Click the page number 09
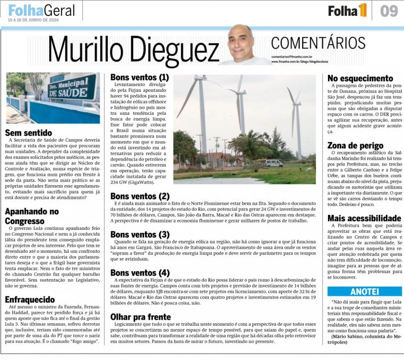tap(389, 11)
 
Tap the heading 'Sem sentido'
tap(28, 133)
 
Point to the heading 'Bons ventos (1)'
tap(140, 77)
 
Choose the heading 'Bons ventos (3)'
tap(140, 234)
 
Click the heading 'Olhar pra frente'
tap(141, 317)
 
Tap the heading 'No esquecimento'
tap(360, 78)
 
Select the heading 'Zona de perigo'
tap(355, 145)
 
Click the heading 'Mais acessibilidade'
tap(364, 218)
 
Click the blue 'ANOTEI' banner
tap(364, 291)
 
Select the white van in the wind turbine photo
tap(274, 163)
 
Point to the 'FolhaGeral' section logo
tap(41, 9)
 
